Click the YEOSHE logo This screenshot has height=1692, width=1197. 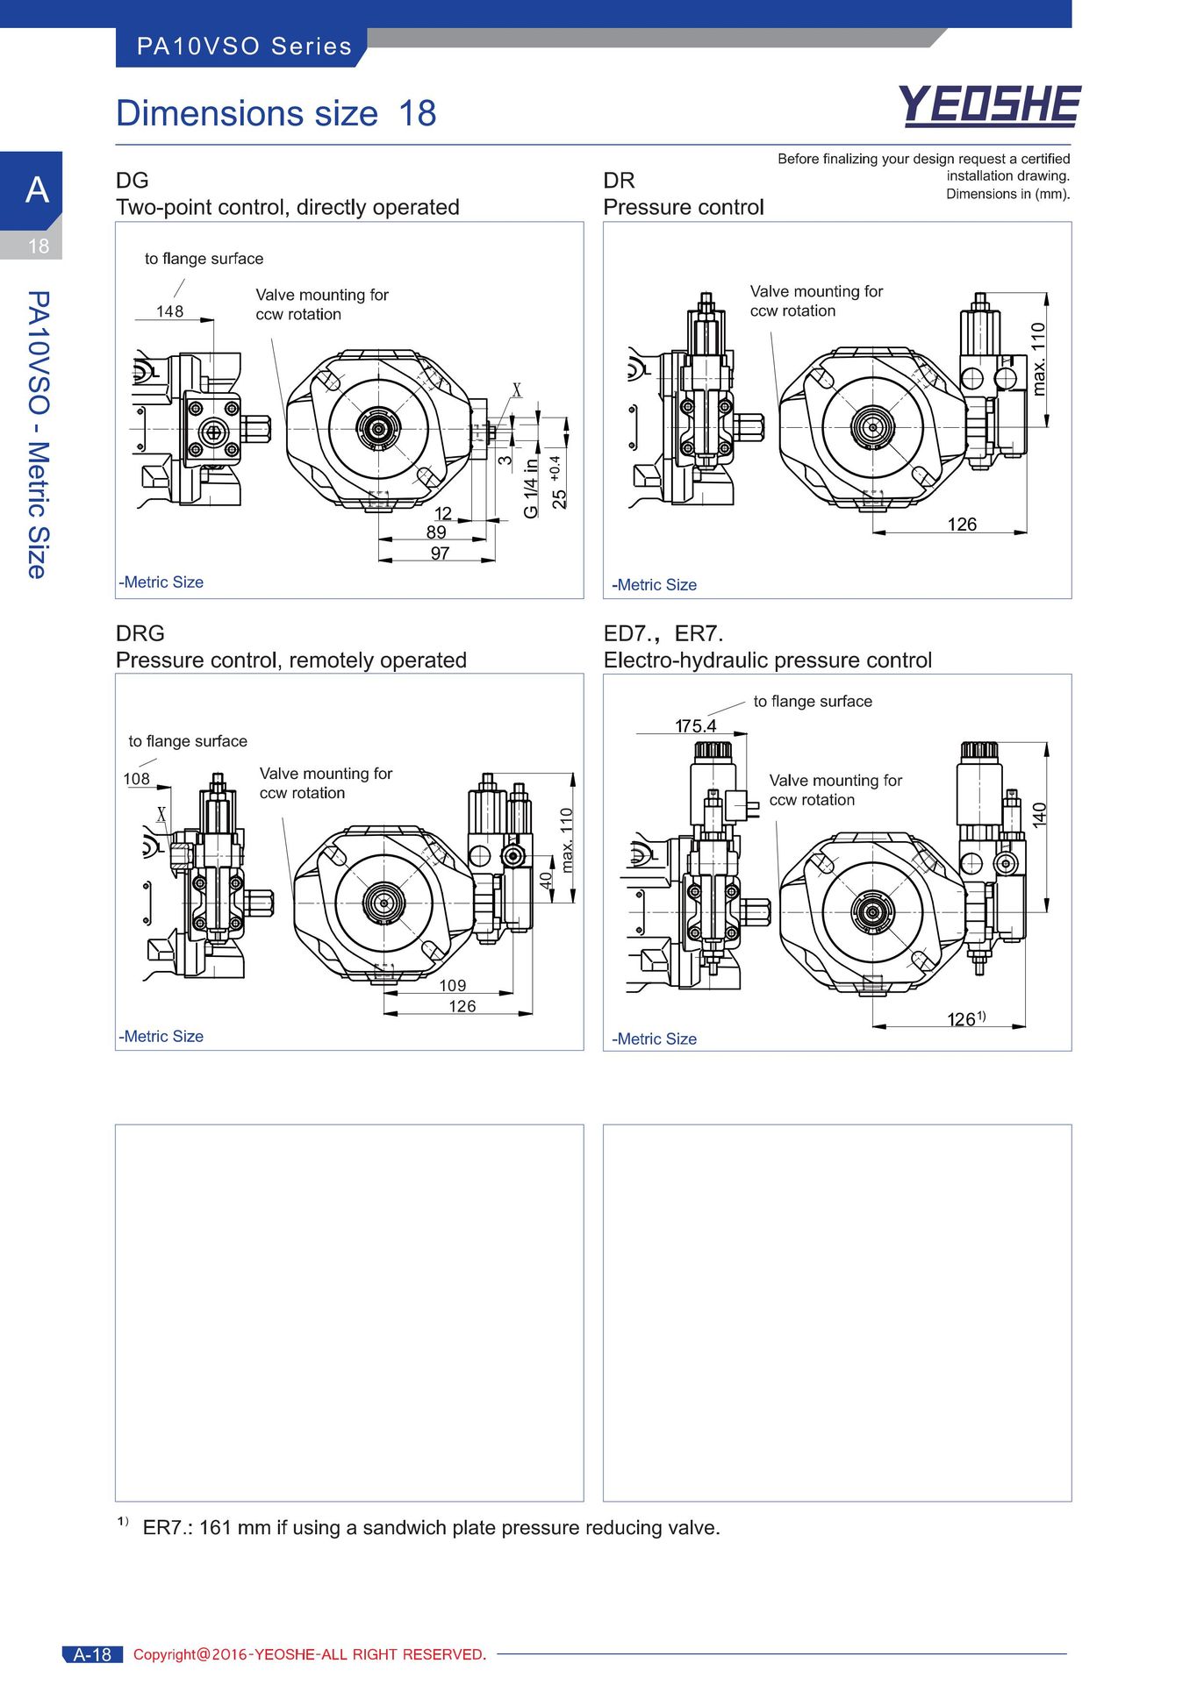click(x=989, y=105)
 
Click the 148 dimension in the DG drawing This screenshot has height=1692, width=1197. click(x=170, y=311)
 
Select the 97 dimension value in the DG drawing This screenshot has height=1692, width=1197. click(x=440, y=553)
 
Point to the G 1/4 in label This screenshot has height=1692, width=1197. click(x=531, y=489)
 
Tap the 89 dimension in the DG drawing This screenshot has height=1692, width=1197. click(x=436, y=532)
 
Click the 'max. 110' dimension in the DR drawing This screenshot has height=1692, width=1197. click(x=1039, y=359)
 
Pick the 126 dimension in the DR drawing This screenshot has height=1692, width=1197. click(x=962, y=525)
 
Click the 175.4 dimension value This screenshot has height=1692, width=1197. click(x=695, y=726)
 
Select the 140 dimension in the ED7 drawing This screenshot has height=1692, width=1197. click(x=1040, y=815)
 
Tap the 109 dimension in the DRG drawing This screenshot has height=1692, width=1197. click(x=453, y=986)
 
